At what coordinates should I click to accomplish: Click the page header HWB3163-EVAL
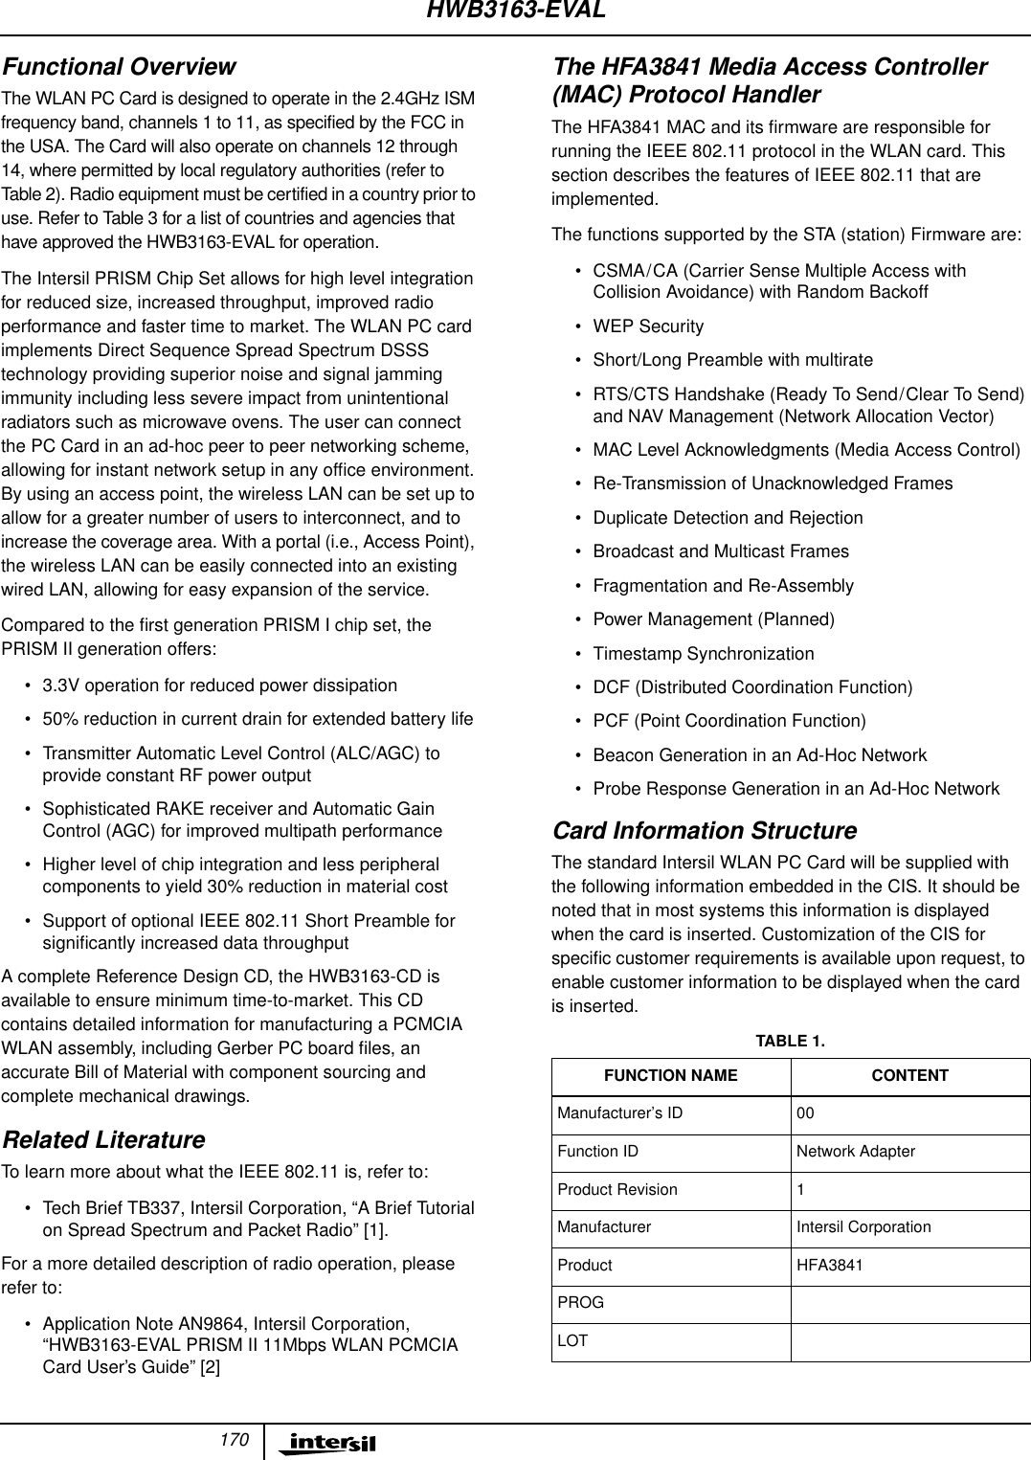coord(515,11)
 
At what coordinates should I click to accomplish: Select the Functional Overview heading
coord(118,67)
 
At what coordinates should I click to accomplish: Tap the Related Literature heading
coord(103,1140)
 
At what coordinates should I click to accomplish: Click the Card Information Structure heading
coord(704,830)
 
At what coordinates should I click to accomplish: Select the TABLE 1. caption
coord(790,1041)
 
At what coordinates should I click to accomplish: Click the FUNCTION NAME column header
coord(670,1076)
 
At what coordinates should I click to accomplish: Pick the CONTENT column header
coord(909,1076)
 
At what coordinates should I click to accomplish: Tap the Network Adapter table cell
coord(856,1152)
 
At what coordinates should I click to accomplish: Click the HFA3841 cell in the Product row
coord(829,1266)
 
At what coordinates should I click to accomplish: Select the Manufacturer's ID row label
coord(620,1113)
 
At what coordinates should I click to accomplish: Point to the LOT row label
coord(572,1341)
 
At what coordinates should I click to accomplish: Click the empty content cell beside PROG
coord(909,1303)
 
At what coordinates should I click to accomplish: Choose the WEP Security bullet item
coord(648,326)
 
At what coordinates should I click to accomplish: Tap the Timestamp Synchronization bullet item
coord(704,654)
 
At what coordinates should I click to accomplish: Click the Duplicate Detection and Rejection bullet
coord(728,518)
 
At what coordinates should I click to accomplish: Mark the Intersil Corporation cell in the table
coord(863,1227)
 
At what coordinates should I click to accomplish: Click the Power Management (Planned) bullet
coord(713,619)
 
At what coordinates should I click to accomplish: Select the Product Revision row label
coord(617,1190)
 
